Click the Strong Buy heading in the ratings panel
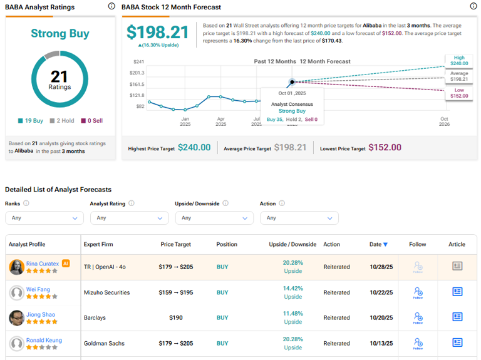60,34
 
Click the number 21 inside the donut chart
59,77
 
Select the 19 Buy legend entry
32,121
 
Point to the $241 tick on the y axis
138,62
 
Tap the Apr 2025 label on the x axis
220,121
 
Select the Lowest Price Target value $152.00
385,148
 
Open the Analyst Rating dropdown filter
129,218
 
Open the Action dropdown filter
299,218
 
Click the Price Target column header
175,244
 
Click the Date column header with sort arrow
378,244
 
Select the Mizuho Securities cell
107,292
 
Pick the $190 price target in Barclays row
175,317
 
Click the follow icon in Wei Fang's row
418,292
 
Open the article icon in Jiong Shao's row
457,317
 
